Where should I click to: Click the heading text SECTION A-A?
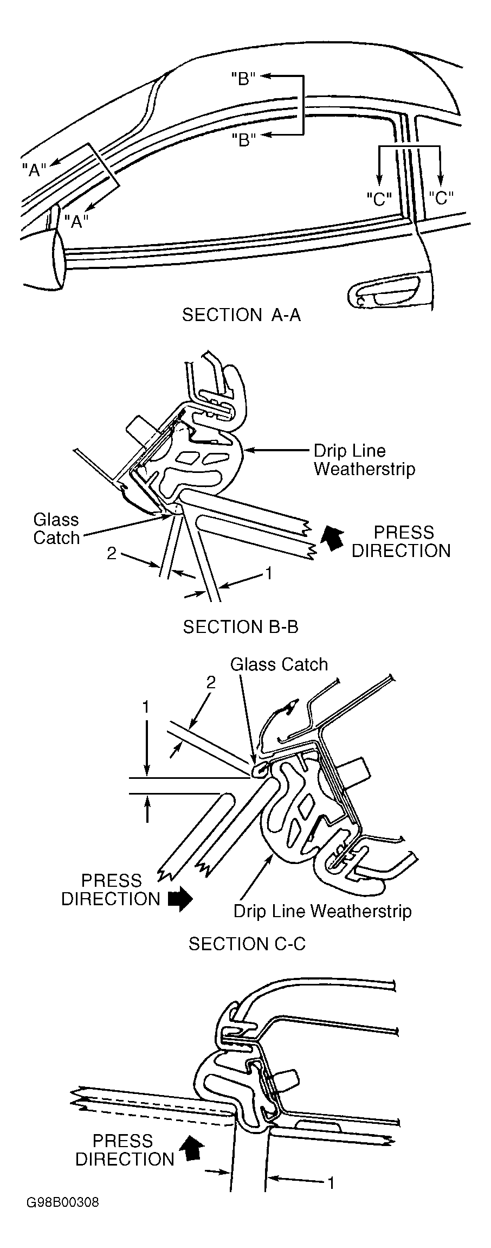tap(241, 315)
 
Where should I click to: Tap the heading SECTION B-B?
tap(241, 627)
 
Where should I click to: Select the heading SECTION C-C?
tap(247, 944)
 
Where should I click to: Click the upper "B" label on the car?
tap(243, 79)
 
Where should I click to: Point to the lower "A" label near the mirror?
tap(76, 221)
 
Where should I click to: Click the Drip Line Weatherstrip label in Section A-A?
tap(364, 460)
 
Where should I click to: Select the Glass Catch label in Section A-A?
tap(56, 529)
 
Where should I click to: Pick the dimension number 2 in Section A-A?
tap(112, 554)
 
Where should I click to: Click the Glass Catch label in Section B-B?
tap(279, 664)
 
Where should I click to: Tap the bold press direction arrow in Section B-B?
tap(180, 899)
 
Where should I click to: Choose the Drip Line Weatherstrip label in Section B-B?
tap(322, 911)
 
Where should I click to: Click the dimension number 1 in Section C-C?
tap(329, 1182)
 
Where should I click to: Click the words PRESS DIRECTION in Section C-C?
tap(125, 1150)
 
